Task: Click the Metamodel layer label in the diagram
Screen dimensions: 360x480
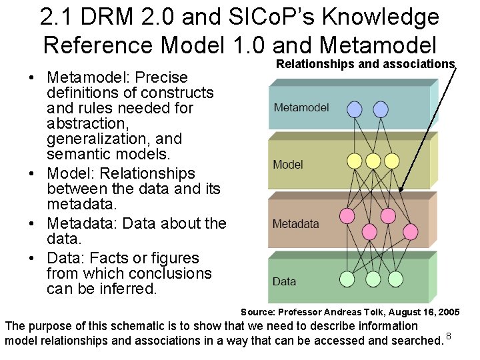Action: coord(301,107)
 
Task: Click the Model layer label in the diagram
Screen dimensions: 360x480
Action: coord(288,164)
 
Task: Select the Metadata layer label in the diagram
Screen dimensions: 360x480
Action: coord(295,224)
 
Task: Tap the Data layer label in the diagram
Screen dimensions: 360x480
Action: coord(284,281)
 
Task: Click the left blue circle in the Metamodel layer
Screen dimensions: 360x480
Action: coord(355,109)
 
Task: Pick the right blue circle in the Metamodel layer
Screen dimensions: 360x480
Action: coord(381,109)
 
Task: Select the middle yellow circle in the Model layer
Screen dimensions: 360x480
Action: coord(373,161)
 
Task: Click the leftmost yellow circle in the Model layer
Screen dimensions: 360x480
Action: coord(355,161)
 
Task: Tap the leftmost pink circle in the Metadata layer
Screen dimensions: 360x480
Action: coord(347,215)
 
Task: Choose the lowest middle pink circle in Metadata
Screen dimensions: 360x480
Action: coord(369,231)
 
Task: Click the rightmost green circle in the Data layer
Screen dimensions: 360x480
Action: coord(396,279)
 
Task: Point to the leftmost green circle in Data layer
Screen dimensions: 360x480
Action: coord(347,279)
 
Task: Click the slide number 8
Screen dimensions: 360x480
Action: coord(449,335)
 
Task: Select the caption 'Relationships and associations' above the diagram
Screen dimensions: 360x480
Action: coord(365,64)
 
